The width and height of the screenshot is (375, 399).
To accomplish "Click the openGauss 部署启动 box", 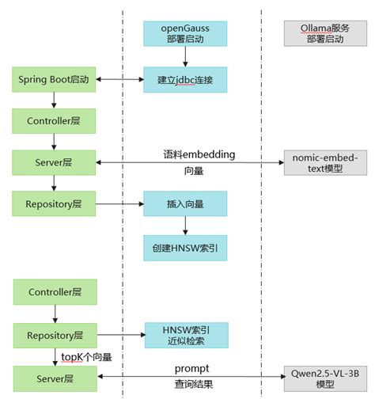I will coord(184,32).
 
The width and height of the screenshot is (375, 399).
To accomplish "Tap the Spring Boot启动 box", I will coord(52,79).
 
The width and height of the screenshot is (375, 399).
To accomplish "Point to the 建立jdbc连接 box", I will coord(184,79).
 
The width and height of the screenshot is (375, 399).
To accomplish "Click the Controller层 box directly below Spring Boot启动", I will coord(52,121).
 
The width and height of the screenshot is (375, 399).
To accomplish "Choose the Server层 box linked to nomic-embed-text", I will coord(52,162).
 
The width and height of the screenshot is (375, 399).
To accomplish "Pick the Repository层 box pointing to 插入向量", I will coord(52,203).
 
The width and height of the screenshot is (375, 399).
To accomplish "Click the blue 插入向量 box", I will coord(184,203).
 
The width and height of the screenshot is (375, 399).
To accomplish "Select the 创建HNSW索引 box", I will coord(184,248).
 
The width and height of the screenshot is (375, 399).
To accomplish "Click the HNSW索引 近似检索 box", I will coord(184,334).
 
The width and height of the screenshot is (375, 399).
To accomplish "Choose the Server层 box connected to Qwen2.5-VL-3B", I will coord(52,378).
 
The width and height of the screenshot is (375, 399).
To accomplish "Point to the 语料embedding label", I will coord(193,154).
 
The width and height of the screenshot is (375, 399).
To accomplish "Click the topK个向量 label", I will coord(88,357).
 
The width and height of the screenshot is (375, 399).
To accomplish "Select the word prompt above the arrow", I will coord(191,369).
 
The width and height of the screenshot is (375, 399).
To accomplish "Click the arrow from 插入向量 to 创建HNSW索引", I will coord(184,226).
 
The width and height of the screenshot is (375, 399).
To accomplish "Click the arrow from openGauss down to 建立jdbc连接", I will coord(184,55).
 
